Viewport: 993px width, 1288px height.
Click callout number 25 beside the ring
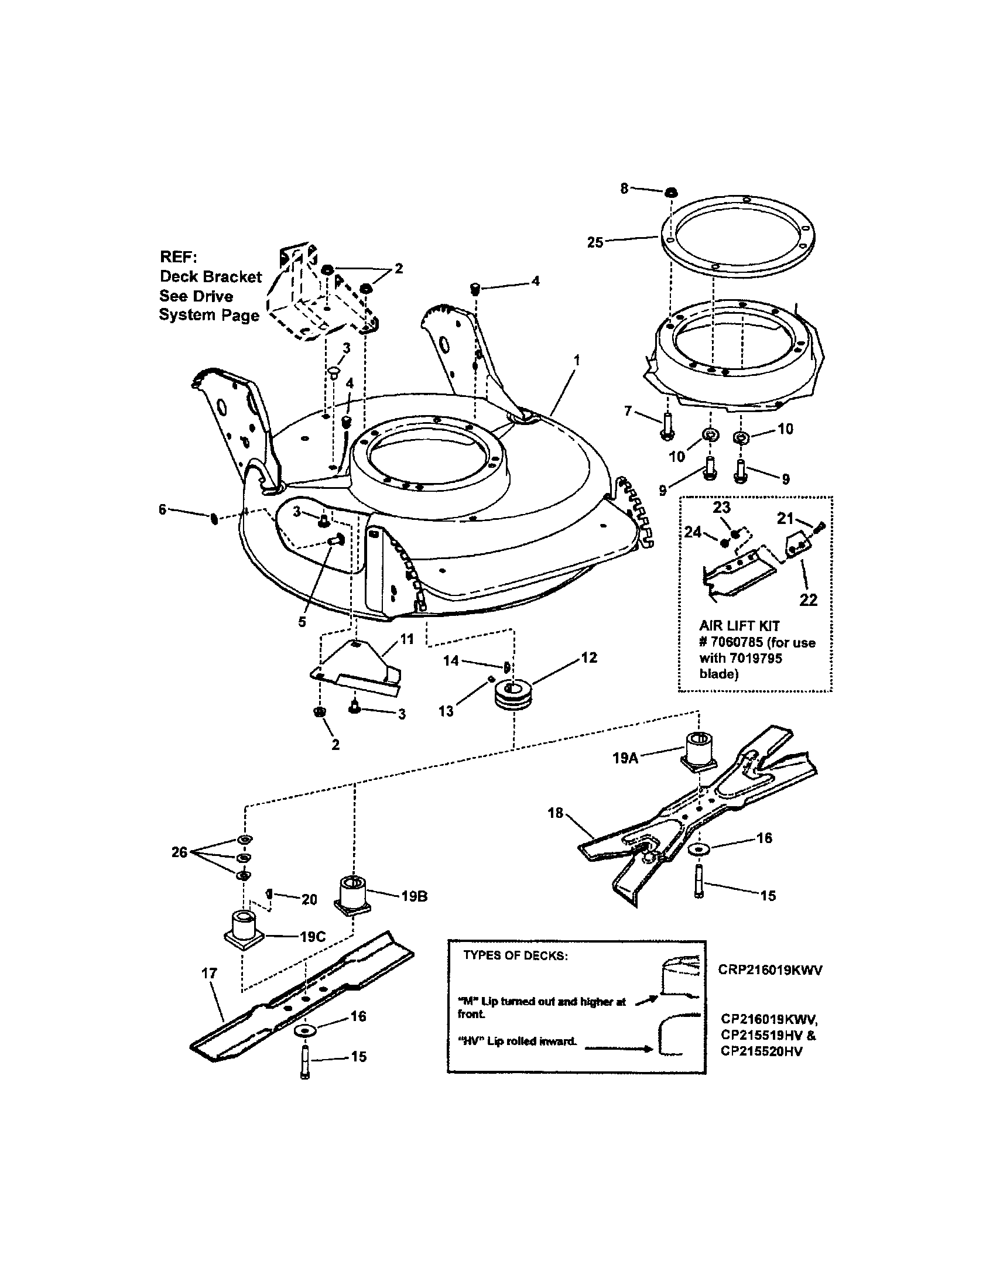click(x=595, y=242)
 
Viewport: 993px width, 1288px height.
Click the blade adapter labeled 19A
click(x=698, y=750)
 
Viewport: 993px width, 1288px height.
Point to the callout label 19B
click(x=414, y=896)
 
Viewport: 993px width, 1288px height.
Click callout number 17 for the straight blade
click(x=210, y=974)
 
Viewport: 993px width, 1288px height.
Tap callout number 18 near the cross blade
click(x=556, y=813)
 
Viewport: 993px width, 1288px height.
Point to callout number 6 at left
click(x=163, y=509)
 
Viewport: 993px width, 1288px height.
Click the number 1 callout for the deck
click(x=577, y=359)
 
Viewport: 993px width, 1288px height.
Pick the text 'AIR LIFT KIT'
click(x=739, y=626)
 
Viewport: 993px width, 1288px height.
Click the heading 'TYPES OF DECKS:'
click(x=515, y=955)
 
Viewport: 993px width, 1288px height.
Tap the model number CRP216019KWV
click(x=769, y=970)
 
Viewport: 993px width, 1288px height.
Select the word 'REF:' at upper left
click(x=179, y=257)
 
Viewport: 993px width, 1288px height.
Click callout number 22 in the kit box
click(x=808, y=600)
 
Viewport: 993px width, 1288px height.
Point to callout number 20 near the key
click(x=309, y=899)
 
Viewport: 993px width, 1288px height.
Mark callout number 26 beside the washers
click(x=179, y=852)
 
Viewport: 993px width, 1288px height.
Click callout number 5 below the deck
click(x=302, y=622)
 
